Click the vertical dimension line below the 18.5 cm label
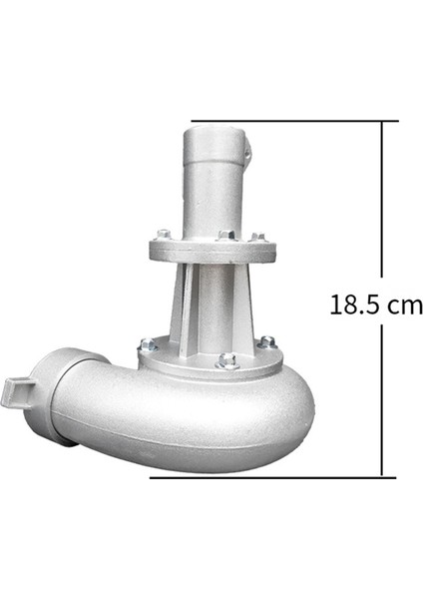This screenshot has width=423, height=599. coord(383,399)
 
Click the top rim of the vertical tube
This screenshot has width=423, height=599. coord(215,127)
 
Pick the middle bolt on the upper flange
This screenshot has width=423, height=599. coord(226,236)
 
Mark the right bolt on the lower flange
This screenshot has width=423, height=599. coord(266,341)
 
